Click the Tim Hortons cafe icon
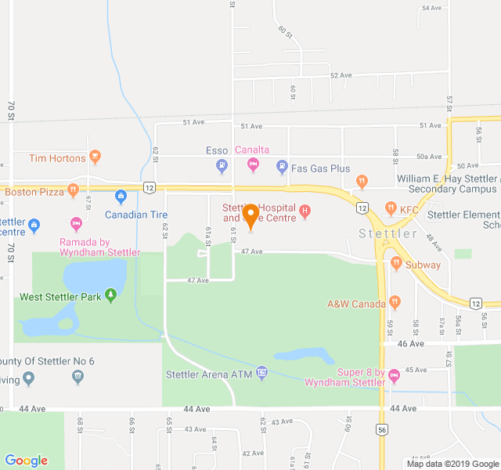tap(95, 157)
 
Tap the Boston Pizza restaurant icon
tap(73, 190)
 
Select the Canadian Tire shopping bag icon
tap(121, 196)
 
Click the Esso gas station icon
tap(222, 165)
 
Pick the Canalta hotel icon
tap(253, 164)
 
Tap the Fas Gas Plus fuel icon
tap(282, 166)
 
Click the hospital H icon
tap(305, 211)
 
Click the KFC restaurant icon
tap(391, 209)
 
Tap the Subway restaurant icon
tap(396, 264)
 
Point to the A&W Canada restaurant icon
tap(395, 302)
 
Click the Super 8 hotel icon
tap(394, 375)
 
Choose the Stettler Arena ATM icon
tap(261, 373)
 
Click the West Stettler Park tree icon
tap(111, 296)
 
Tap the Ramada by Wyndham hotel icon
tap(76, 224)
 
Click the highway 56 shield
tap(382, 429)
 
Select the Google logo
tap(26, 461)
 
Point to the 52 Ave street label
tap(341, 75)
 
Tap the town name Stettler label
tap(388, 233)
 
